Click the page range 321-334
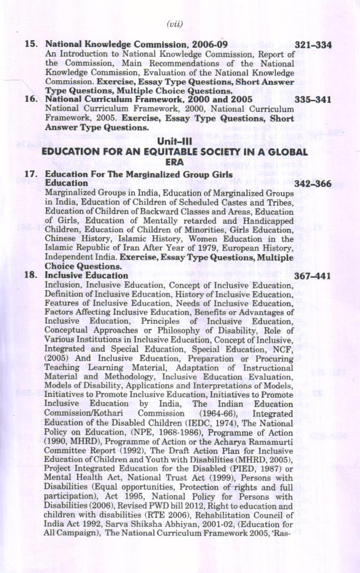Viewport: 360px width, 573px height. [313, 44]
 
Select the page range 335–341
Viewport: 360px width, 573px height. [313, 100]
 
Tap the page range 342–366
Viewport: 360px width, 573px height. [313, 184]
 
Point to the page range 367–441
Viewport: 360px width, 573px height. [313, 276]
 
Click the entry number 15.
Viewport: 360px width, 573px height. [33, 44]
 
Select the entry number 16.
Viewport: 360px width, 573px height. [33, 100]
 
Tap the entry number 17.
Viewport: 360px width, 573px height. [33, 174]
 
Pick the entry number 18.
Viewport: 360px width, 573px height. [33, 276]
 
